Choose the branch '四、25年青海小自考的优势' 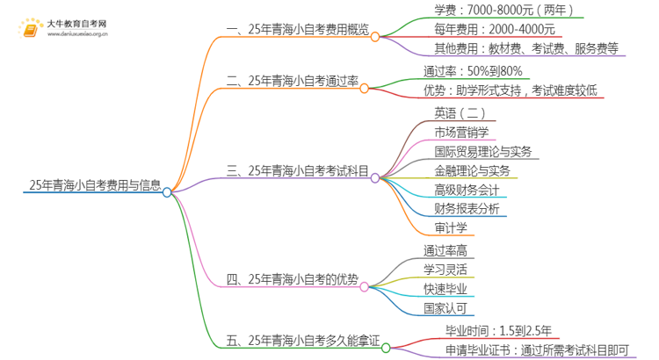[292, 280]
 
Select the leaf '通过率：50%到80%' [473, 72]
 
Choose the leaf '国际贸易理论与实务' [482, 151]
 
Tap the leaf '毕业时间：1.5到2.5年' [486, 330]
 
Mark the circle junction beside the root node [167, 191]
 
